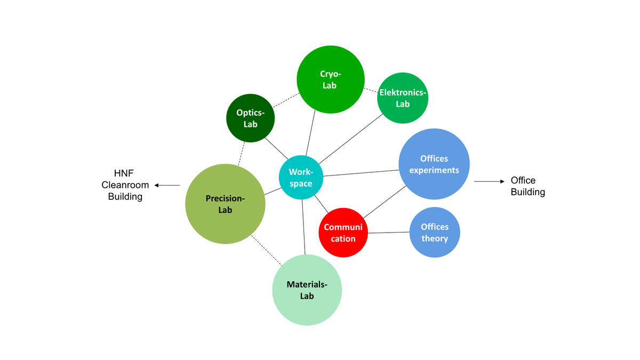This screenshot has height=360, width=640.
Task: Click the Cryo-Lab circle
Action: (331, 79)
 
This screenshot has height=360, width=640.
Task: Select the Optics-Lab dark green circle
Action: (250, 118)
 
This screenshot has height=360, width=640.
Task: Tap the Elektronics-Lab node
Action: (403, 98)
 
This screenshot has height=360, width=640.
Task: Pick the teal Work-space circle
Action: (301, 178)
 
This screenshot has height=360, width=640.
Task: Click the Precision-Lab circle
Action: (225, 204)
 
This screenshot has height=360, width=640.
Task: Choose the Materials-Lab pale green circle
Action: (307, 290)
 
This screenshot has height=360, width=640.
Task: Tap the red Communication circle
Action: (343, 233)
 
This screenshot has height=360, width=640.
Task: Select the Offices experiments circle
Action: (434, 164)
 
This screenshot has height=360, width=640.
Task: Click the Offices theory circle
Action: (435, 233)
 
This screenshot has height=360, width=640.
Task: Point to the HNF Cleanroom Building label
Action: (125, 185)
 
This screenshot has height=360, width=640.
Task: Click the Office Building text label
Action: (527, 186)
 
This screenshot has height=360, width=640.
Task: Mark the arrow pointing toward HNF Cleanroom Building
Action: (167, 185)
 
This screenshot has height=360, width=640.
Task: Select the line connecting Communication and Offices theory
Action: (388, 233)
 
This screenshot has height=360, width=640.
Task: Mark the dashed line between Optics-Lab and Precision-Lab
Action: (241, 153)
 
